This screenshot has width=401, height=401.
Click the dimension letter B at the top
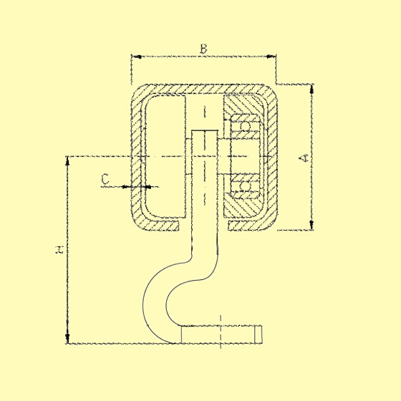click(x=203, y=49)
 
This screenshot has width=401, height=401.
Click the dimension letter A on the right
click(x=304, y=158)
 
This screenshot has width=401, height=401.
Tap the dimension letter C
click(x=105, y=179)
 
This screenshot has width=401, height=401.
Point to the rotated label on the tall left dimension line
click(x=59, y=250)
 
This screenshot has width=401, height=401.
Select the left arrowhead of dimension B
click(x=136, y=57)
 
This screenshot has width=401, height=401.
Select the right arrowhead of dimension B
click(x=271, y=57)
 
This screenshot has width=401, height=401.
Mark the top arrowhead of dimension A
click(x=311, y=89)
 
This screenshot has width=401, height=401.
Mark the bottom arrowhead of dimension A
click(x=311, y=225)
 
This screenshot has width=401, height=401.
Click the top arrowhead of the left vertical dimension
click(x=67, y=161)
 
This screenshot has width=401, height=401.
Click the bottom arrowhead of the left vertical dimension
click(x=67, y=338)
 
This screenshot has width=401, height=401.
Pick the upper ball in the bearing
click(x=245, y=127)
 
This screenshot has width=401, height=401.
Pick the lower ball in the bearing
click(x=245, y=186)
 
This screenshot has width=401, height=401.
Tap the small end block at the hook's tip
click(x=259, y=334)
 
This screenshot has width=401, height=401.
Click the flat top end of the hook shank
click(x=205, y=130)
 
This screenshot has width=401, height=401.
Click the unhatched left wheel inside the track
click(x=165, y=157)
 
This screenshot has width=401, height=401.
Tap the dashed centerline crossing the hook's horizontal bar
click(x=221, y=332)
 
